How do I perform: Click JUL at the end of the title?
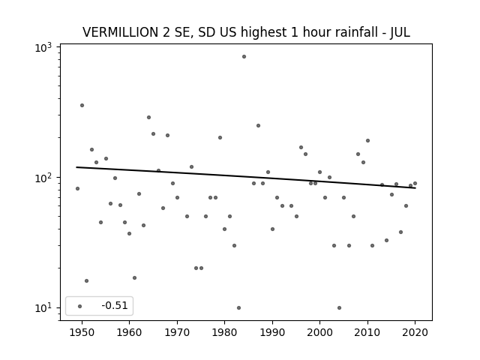point(400,32)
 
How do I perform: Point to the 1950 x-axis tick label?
point(82,332)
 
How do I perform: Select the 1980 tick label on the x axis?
point(224,332)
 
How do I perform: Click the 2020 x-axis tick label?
point(415,332)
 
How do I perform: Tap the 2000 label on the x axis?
point(320,332)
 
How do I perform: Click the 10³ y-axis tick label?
point(43,48)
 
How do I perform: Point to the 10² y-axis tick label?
point(43,178)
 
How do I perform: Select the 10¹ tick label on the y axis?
point(43,308)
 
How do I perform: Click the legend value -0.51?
point(115,305)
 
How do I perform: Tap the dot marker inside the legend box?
point(79,306)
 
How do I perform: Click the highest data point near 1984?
point(244,57)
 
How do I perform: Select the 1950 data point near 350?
point(82,105)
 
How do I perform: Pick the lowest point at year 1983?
point(238,308)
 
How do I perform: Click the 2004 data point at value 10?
point(339,308)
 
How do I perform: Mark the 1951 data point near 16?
point(87,281)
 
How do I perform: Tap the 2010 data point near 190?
point(367,141)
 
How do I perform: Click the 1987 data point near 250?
point(258,125)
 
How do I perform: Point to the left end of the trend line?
point(76,167)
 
